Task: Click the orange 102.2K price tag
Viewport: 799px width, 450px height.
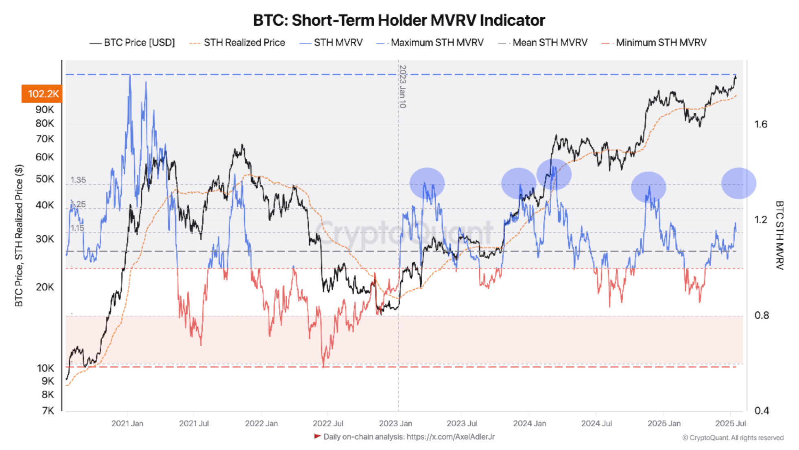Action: click(42, 94)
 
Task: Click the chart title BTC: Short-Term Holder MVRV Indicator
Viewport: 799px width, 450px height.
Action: click(399, 20)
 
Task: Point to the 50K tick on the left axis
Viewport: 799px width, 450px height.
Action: click(44, 179)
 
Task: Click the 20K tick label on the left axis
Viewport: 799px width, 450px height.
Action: click(44, 287)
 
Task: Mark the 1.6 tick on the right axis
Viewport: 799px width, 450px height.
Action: click(761, 125)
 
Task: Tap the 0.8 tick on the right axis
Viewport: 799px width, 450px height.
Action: click(761, 315)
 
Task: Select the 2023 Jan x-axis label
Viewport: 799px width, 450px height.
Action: click(395, 424)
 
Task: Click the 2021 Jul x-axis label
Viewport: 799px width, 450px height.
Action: click(194, 424)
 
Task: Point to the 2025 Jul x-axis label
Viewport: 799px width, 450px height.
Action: click(730, 424)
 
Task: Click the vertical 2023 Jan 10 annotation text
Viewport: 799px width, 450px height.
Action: click(402, 87)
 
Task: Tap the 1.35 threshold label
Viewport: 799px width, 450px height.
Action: click(78, 180)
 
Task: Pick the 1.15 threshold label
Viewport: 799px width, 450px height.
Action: click(77, 228)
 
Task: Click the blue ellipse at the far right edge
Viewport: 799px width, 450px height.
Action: click(738, 183)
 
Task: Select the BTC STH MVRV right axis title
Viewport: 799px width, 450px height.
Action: click(779, 235)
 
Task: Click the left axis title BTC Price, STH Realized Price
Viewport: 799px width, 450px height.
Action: click(19, 235)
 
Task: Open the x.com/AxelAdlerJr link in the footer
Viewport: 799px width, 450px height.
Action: click(450, 437)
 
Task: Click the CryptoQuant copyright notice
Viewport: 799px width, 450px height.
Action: click(733, 438)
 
